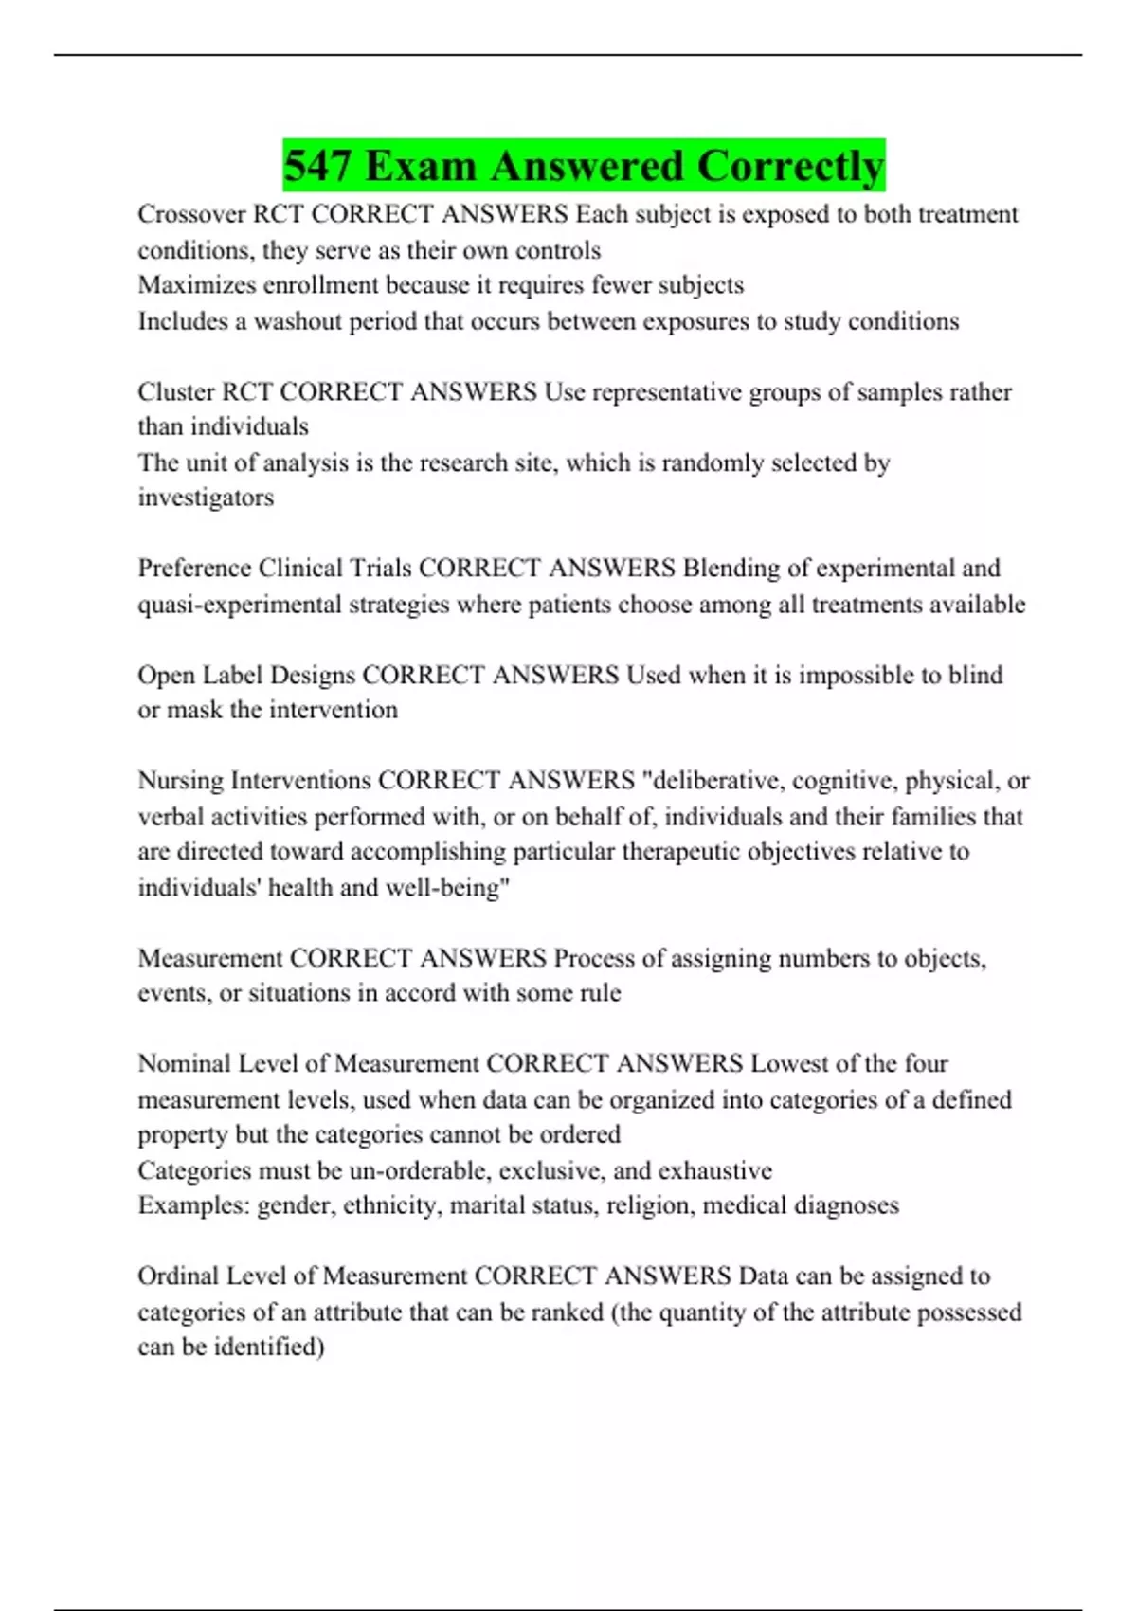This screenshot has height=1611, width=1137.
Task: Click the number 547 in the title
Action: (x=318, y=167)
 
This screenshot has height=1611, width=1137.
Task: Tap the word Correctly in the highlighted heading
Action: (x=790, y=167)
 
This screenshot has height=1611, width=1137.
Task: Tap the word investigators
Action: (x=206, y=498)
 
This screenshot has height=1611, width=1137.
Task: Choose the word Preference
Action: (x=194, y=569)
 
